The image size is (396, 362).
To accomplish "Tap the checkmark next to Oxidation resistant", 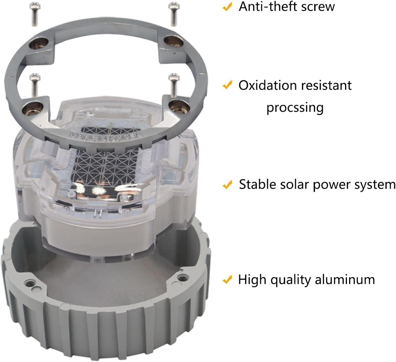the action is coord(227,85).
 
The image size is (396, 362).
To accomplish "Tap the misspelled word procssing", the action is coord(295,108).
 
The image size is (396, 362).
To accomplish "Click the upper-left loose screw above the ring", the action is coord(35,14).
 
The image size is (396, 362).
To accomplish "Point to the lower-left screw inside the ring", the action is coord(35,85).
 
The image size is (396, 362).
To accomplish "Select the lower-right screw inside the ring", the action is coord(174,85).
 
